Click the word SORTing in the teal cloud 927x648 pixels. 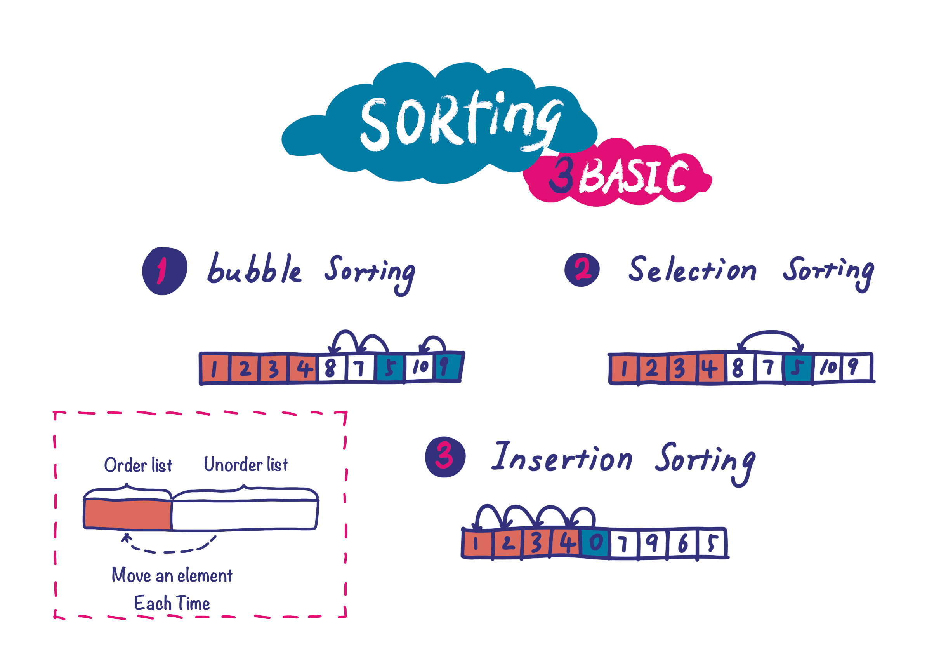pyautogui.click(x=460, y=121)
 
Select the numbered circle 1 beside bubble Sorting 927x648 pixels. pyautogui.click(x=164, y=271)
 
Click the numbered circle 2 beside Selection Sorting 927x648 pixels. pyautogui.click(x=582, y=270)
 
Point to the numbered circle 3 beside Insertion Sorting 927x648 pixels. pyautogui.click(x=445, y=457)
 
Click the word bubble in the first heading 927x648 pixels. pyautogui.click(x=254, y=269)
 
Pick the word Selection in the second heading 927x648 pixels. pyautogui.click(x=692, y=270)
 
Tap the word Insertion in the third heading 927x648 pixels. pyautogui.click(x=562, y=457)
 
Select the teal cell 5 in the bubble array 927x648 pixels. pyautogui.click(x=390, y=368)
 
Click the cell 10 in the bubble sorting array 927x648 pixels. pyautogui.click(x=420, y=367)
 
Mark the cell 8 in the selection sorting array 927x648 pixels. pyautogui.click(x=738, y=368)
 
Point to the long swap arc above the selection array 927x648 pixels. pyautogui.click(x=770, y=333)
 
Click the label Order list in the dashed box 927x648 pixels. pyautogui.click(x=138, y=465)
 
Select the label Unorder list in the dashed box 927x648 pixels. pyautogui.click(x=246, y=465)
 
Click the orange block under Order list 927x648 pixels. pyautogui.click(x=127, y=514)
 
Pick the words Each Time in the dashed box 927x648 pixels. pyautogui.click(x=172, y=603)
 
